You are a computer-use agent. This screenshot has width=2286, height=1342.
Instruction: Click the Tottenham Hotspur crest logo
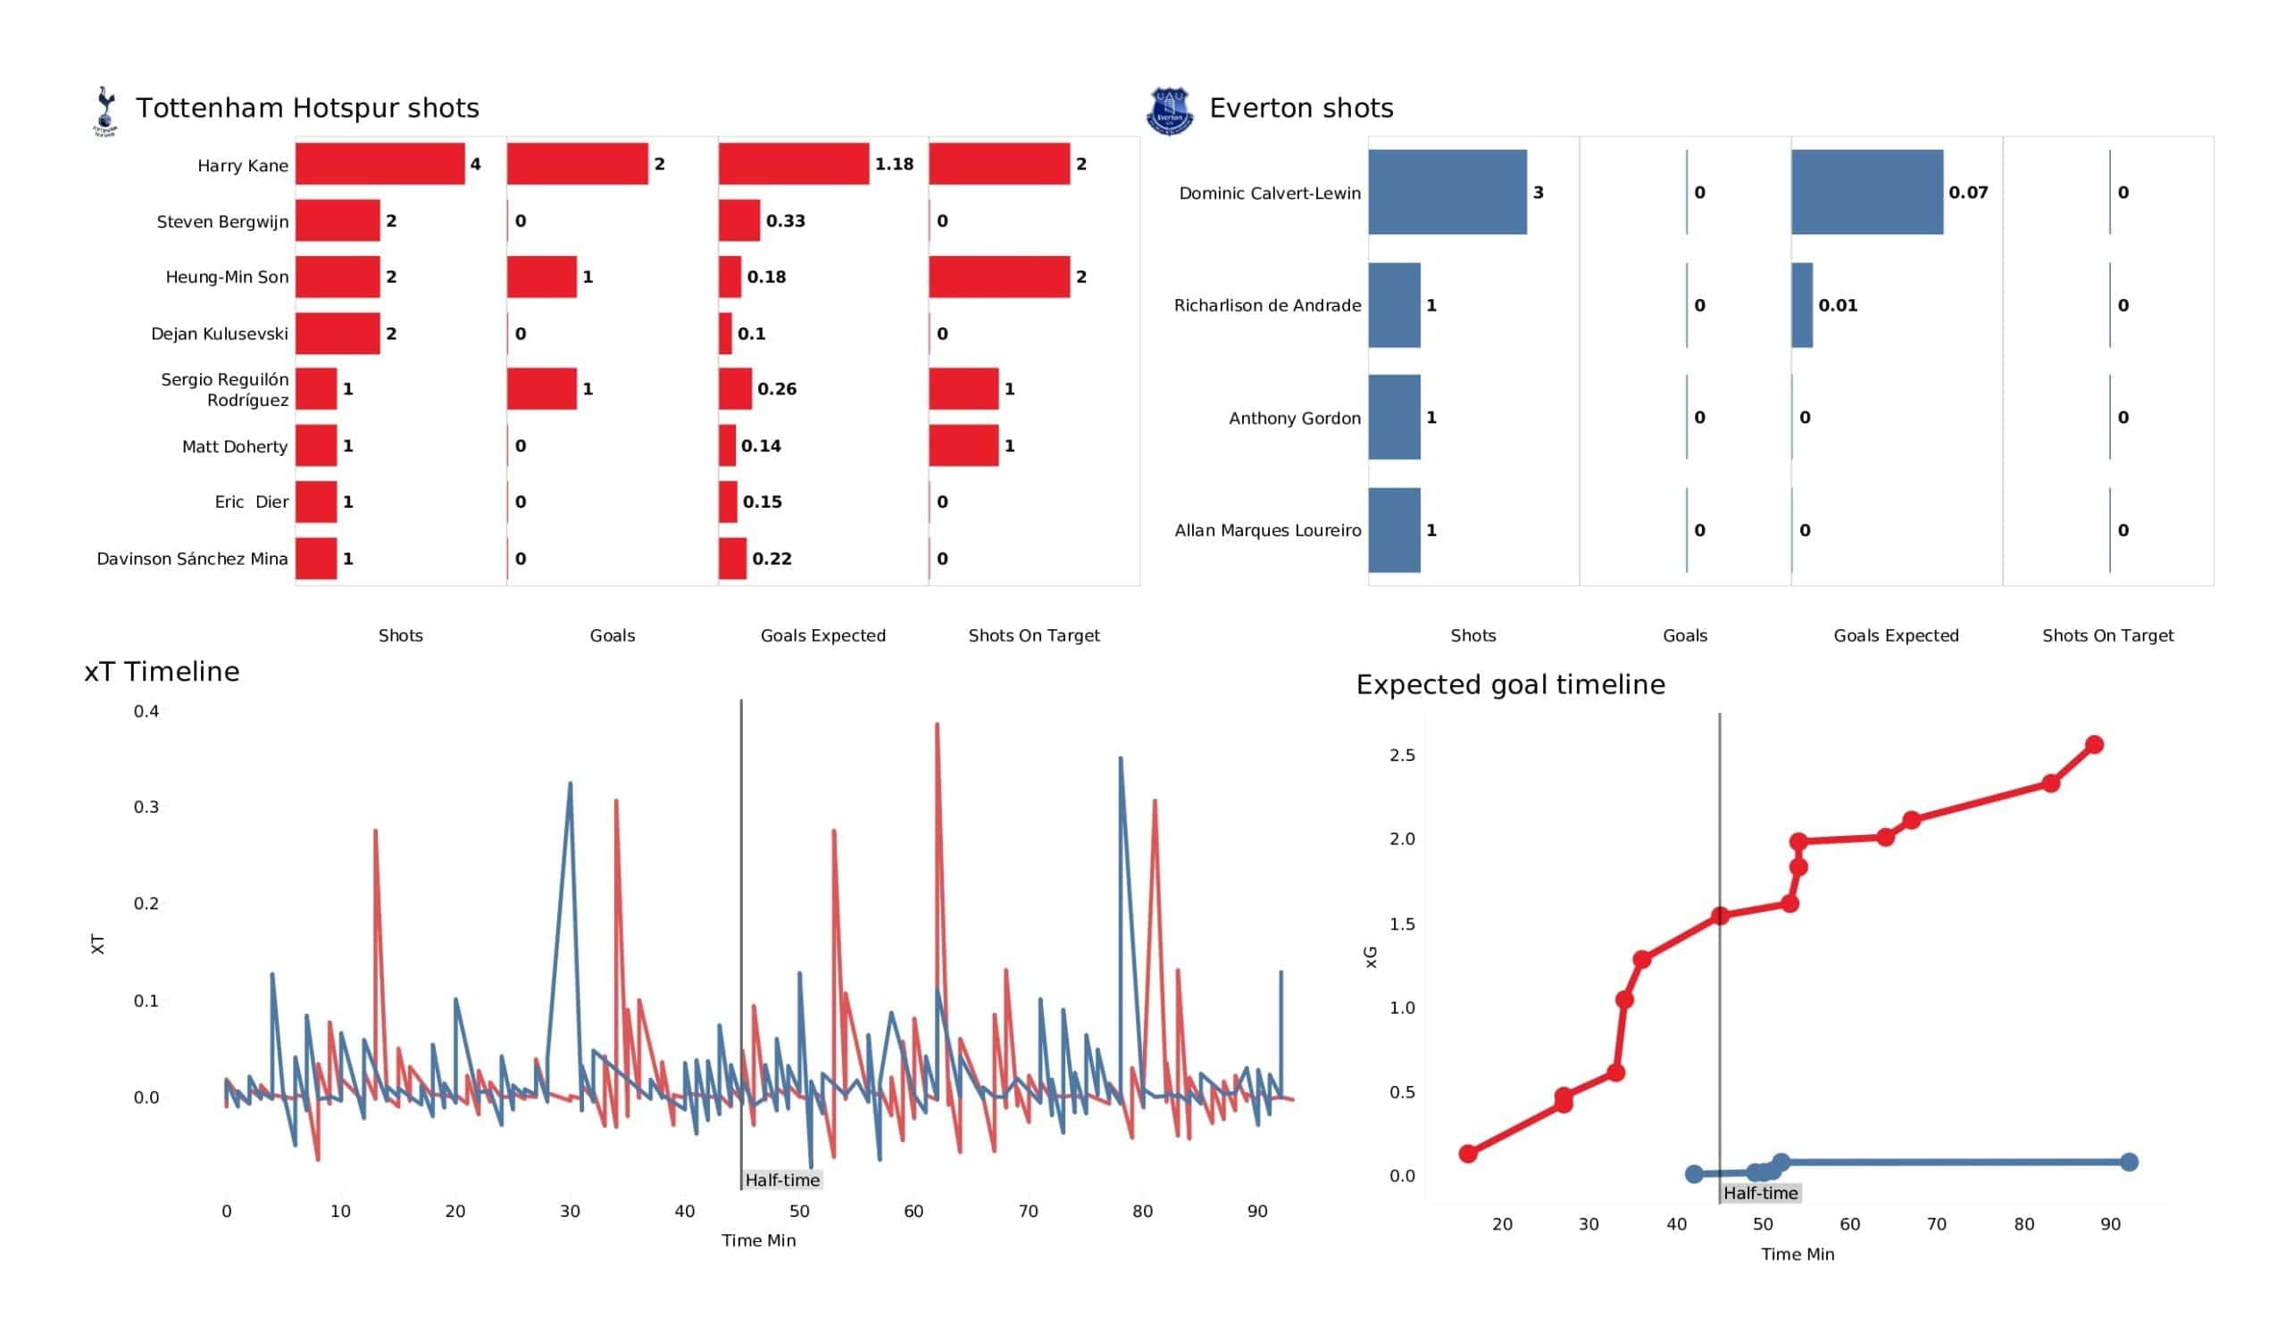click(105, 111)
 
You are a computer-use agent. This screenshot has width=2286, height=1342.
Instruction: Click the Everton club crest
click(1169, 111)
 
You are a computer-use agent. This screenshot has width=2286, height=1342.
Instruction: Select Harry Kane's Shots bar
click(380, 164)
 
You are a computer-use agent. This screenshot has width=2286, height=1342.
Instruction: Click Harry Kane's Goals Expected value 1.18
click(894, 164)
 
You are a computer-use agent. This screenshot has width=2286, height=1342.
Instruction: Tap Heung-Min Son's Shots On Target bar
click(998, 277)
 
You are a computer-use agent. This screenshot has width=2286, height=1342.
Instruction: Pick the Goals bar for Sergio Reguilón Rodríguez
click(541, 389)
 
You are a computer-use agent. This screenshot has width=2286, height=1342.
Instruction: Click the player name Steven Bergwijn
click(222, 221)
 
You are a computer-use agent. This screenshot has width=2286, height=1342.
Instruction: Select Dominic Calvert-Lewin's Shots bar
click(1447, 192)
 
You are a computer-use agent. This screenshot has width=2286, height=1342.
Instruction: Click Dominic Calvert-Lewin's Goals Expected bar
click(1866, 192)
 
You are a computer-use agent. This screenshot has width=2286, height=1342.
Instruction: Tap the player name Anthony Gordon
click(1295, 418)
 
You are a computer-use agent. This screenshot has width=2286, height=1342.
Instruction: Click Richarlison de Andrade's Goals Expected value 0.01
click(1837, 305)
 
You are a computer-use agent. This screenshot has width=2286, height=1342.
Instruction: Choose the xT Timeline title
click(162, 671)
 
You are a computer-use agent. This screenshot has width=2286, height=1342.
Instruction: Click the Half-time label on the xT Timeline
click(782, 1180)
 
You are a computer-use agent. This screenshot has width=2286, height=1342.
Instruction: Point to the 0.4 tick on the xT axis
click(146, 711)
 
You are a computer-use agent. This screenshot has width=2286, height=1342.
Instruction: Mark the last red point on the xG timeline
click(2094, 744)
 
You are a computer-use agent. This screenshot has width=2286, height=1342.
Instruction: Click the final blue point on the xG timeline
click(2129, 1162)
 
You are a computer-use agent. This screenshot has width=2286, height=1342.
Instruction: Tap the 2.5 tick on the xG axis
click(1402, 754)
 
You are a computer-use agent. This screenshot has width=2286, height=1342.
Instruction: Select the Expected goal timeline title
click(1510, 683)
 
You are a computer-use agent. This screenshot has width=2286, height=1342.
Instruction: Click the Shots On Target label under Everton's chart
click(2107, 635)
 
